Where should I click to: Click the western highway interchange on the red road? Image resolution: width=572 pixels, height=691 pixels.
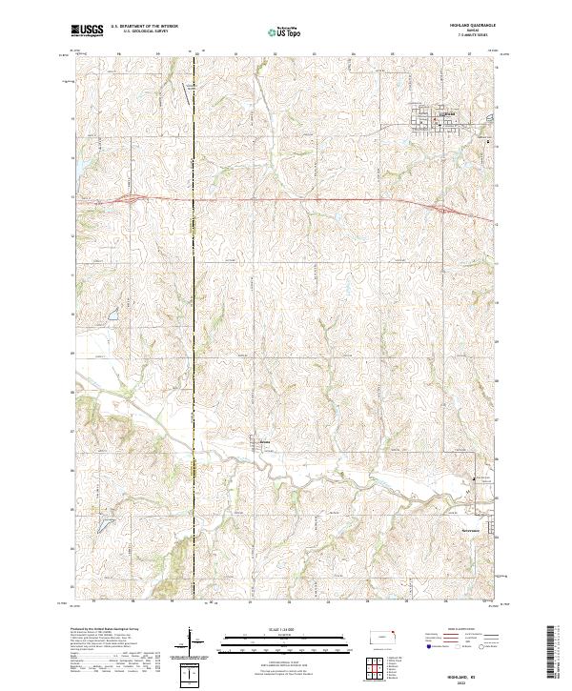click(131, 199)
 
